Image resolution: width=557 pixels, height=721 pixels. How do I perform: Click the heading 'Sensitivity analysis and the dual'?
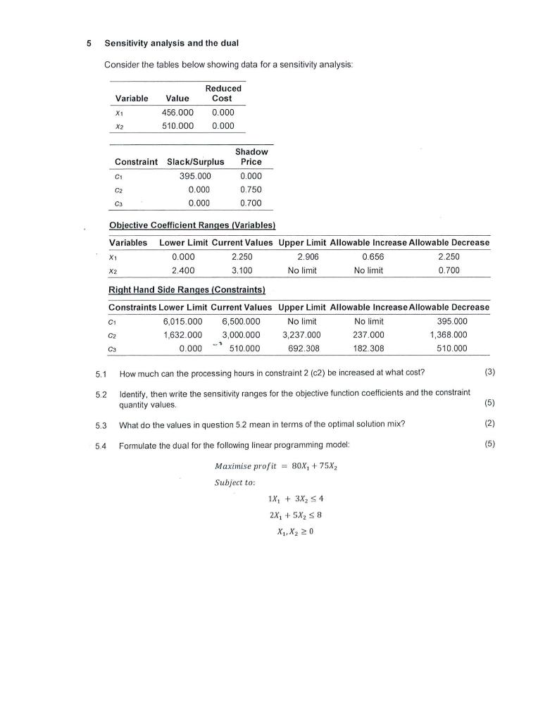coord(172,44)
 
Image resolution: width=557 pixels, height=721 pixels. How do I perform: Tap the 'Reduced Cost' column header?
coord(223,93)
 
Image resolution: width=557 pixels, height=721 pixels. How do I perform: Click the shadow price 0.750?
coord(251,189)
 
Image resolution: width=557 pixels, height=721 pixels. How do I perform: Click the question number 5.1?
coord(100,372)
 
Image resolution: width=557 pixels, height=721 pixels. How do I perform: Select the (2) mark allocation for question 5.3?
coord(488,425)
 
